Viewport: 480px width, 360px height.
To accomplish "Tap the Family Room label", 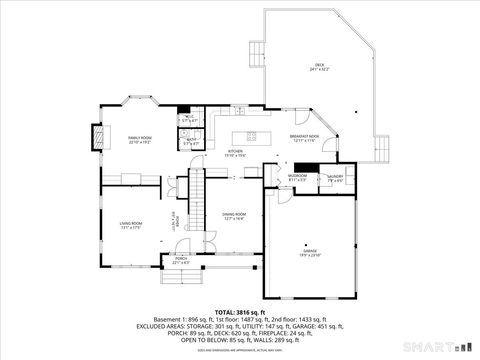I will (139, 140).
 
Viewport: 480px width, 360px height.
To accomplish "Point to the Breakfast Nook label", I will (304, 138).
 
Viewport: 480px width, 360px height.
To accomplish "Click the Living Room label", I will (131, 225).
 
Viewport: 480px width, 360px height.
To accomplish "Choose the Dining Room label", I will (233, 216).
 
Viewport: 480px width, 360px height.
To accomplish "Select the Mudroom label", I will (297, 178).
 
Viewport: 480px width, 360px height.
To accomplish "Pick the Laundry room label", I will (334, 179).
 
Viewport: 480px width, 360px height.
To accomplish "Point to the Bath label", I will (191, 142).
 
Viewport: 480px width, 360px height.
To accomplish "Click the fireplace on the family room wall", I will (97, 137).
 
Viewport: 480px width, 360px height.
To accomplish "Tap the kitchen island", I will (246, 137).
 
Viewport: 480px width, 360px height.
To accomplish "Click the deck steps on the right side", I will (381, 149).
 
